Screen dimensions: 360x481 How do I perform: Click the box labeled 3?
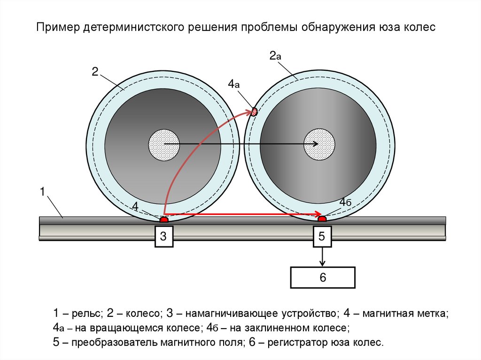pos(163,237)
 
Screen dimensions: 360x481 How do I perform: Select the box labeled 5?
pos(322,237)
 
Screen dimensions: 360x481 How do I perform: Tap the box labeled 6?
pos(323,277)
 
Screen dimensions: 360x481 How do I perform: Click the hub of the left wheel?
pos(164,144)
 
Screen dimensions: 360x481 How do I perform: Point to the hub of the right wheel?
pos(319,144)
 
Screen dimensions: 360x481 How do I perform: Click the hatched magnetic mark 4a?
pos(255,112)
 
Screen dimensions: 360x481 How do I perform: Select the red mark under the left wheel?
pos(164,219)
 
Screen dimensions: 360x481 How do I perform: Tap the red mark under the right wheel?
pos(322,218)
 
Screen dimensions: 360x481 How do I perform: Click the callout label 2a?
pos(275,56)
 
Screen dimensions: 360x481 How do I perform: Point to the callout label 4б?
pos(345,202)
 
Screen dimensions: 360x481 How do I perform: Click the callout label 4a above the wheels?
pos(234,84)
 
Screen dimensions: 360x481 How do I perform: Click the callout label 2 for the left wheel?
pos(94,71)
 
